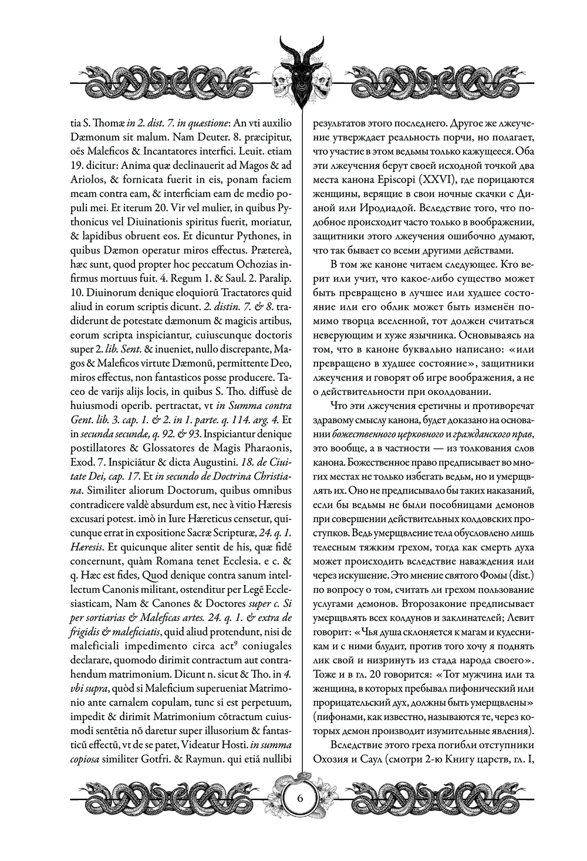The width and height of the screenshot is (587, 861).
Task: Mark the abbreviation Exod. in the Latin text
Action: point(83,462)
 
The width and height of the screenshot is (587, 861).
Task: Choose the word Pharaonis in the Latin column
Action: point(266,448)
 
